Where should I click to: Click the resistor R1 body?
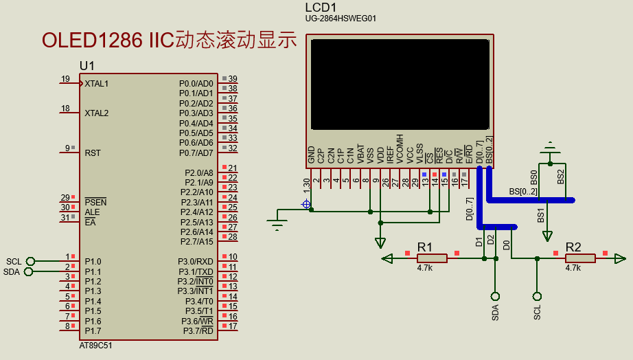(x=432, y=258)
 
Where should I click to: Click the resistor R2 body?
(x=580, y=258)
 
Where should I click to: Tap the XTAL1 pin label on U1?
(x=97, y=84)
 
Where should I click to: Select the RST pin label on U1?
(x=93, y=153)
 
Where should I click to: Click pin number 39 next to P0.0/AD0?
(x=233, y=79)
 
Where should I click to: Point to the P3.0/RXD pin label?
(x=196, y=262)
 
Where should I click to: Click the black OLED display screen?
(x=400, y=85)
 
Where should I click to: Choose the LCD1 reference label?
(x=321, y=7)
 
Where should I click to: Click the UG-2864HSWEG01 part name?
(x=341, y=19)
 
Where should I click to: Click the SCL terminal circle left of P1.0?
(x=30, y=261)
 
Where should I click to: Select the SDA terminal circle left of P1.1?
(x=28, y=271)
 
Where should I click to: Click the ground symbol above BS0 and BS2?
(x=549, y=148)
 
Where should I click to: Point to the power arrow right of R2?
(x=620, y=258)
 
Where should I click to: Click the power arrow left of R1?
(x=388, y=258)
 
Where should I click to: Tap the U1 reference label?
(x=87, y=66)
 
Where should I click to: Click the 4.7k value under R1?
(x=424, y=269)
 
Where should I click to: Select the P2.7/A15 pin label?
(x=196, y=242)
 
